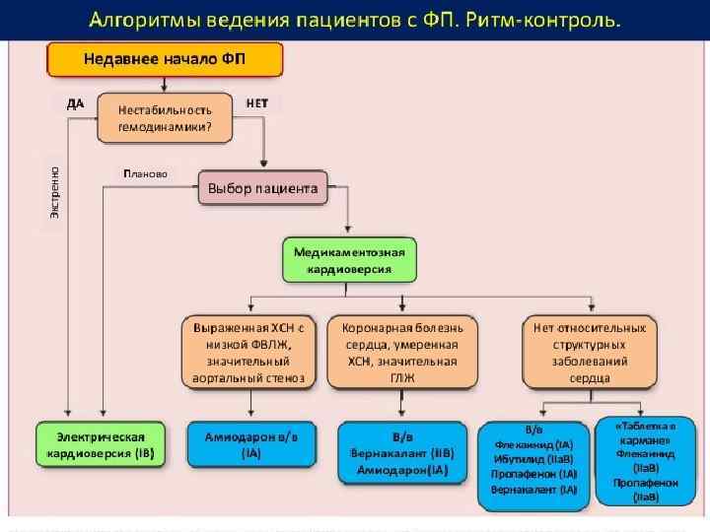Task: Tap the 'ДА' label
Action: (x=75, y=101)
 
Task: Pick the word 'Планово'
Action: (x=146, y=173)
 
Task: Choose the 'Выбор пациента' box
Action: (x=262, y=187)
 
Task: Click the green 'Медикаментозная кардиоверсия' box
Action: (x=349, y=260)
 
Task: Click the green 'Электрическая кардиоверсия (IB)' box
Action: (x=103, y=444)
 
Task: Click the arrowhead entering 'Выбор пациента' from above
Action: (x=262, y=165)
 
